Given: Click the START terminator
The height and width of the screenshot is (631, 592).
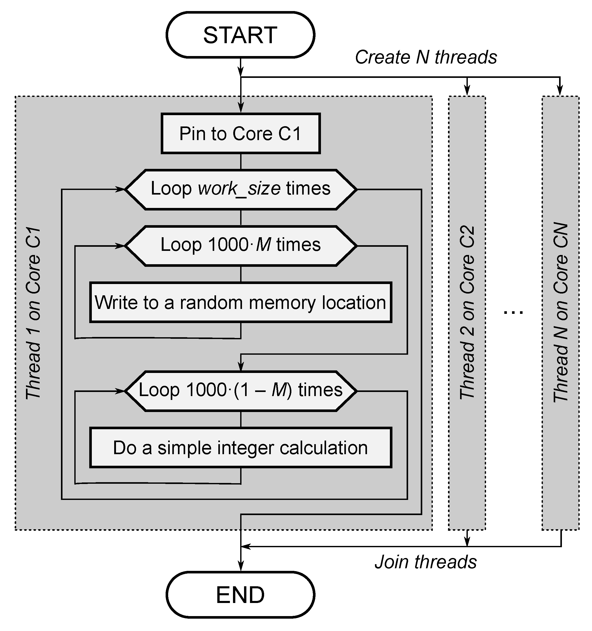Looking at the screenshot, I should (x=240, y=35).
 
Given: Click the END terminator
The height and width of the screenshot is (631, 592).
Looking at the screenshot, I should (x=240, y=595).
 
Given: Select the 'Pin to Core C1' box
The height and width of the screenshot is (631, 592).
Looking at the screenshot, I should (x=240, y=134).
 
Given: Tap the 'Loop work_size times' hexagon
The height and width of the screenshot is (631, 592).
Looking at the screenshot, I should (x=240, y=189).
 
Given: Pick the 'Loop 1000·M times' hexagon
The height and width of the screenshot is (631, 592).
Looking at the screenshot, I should (x=240, y=246).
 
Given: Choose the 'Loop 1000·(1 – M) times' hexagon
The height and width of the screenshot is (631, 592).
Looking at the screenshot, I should (x=240, y=391).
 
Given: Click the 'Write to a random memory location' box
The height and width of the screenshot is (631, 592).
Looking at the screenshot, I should (x=240, y=303).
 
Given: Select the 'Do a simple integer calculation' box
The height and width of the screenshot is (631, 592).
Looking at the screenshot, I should (x=240, y=448).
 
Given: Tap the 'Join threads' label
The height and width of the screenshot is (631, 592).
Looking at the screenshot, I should (x=426, y=562).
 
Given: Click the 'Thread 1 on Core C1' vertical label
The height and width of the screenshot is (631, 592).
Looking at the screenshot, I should (x=33, y=313).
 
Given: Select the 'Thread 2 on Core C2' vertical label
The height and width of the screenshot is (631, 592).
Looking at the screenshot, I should (x=467, y=313).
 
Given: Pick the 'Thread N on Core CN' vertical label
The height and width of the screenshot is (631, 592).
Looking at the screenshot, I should (x=561, y=313).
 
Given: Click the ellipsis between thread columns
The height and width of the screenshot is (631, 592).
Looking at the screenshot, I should (x=513, y=313).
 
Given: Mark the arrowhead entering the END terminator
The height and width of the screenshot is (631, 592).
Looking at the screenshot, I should (x=241, y=566).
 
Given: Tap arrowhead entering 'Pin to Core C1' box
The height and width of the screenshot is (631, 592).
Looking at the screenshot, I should (x=241, y=108).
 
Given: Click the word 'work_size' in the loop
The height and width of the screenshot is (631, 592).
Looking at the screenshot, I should (x=239, y=189).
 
